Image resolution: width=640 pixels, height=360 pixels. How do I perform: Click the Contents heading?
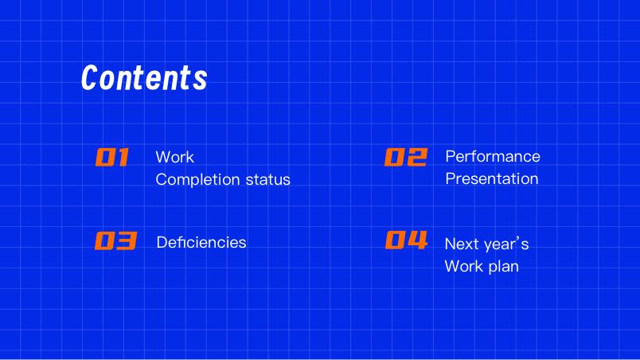(145, 77)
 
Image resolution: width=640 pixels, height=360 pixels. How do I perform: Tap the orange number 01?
(112, 157)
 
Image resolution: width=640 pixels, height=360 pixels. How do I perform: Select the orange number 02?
(406, 157)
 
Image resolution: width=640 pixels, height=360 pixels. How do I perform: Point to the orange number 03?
(116, 241)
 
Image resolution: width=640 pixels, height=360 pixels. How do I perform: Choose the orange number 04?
(407, 240)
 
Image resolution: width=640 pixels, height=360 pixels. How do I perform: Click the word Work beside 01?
(174, 157)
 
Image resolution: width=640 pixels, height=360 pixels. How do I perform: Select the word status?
(267, 179)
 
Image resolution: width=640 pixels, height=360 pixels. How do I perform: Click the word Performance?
(493, 156)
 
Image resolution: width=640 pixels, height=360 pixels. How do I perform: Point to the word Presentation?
(492, 178)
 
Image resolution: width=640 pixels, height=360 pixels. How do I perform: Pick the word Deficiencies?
(201, 242)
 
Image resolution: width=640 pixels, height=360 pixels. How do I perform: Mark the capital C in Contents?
(90, 77)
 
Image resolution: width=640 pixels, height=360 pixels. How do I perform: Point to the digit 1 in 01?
(123, 157)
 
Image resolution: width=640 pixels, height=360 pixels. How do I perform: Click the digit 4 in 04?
(418, 240)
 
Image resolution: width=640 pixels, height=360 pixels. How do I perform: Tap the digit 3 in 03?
(127, 241)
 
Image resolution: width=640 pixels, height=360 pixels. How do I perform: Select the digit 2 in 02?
(418, 157)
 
